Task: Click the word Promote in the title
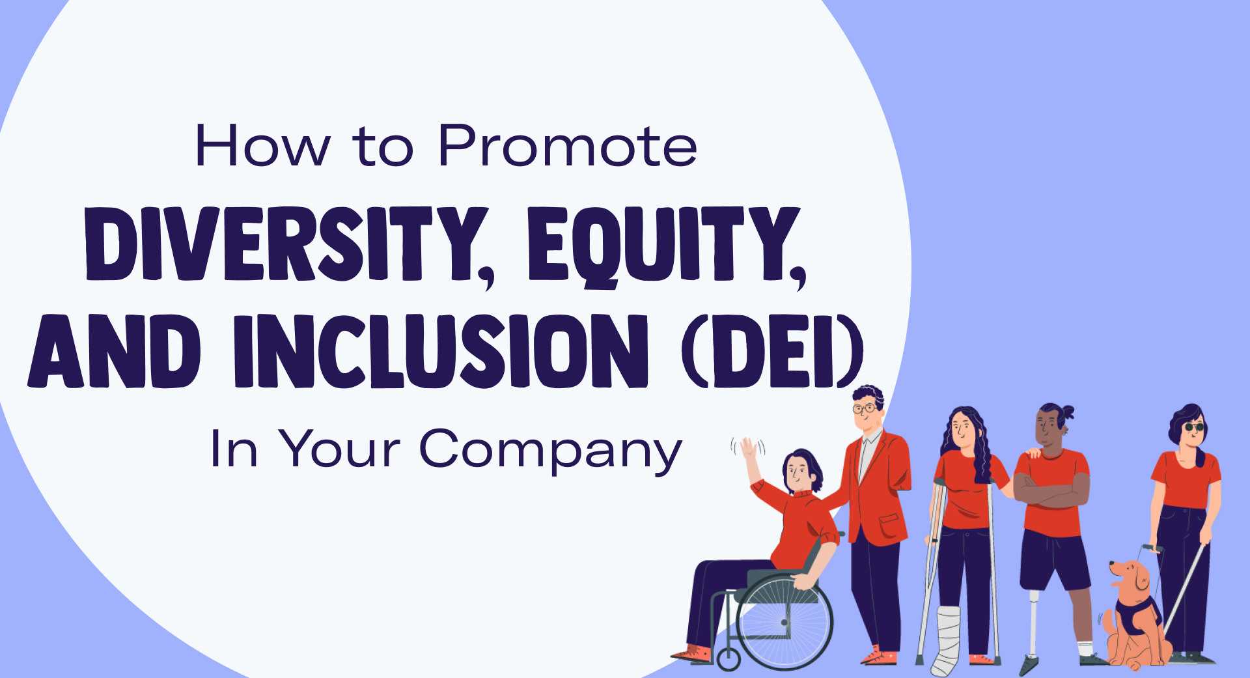point(567,146)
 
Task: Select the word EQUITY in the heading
point(664,246)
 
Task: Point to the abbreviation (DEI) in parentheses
point(772,352)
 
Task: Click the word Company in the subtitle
point(550,450)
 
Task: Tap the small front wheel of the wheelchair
point(729,659)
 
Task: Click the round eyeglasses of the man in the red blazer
point(865,409)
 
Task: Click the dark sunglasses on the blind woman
point(1193,427)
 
